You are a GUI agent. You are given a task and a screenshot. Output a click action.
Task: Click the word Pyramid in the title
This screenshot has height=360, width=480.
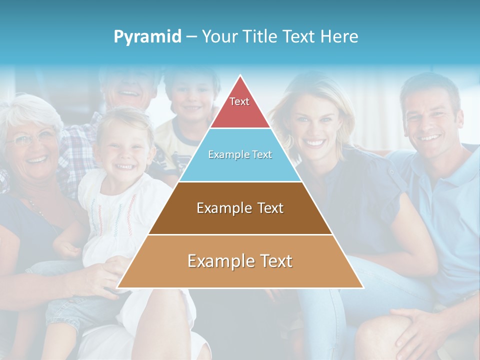[147, 37]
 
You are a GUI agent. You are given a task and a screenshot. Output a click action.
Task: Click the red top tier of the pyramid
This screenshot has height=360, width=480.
[240, 112]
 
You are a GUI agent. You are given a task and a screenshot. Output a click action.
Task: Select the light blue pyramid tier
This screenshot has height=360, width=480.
[240, 167]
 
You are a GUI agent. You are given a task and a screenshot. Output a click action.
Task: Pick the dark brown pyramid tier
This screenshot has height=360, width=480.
[240, 220]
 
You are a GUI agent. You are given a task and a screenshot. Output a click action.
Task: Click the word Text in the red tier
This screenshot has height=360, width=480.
[239, 101]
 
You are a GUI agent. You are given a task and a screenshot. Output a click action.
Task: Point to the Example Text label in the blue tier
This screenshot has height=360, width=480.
[240, 154]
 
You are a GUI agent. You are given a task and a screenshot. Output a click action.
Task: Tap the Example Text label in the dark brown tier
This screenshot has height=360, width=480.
[240, 208]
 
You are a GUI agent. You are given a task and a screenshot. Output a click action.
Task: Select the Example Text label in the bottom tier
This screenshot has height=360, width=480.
[240, 261]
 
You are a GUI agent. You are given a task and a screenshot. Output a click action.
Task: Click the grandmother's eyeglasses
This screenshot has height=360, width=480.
[31, 139]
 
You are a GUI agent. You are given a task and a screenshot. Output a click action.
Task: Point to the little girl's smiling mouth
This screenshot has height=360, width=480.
[124, 166]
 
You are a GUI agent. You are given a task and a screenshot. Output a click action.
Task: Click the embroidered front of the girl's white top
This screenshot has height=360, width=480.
[112, 210]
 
